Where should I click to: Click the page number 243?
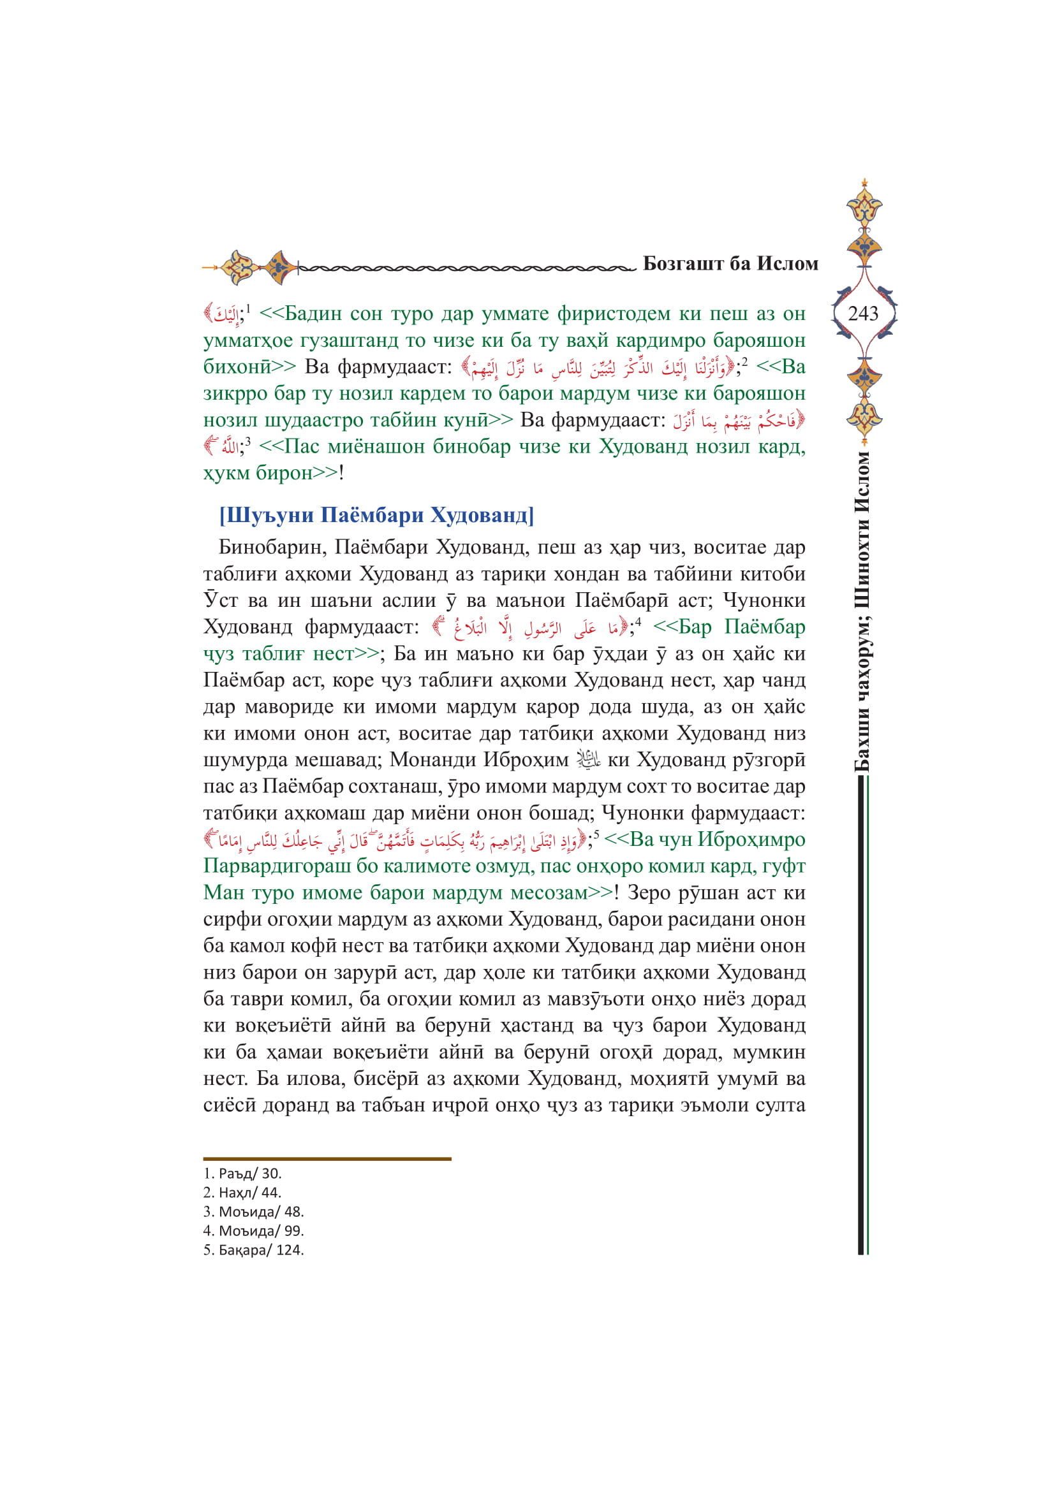[x=863, y=314]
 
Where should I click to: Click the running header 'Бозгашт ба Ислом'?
[x=730, y=264]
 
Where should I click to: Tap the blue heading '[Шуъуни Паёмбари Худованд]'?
[x=377, y=515]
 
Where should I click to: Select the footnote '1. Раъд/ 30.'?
[x=242, y=1174]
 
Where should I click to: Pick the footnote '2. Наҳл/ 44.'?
[x=242, y=1192]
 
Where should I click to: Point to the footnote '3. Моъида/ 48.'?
[x=253, y=1211]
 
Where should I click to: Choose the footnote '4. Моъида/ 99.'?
[x=253, y=1230]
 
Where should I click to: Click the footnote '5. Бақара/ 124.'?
[x=253, y=1249]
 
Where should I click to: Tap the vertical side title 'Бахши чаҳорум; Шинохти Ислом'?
[x=862, y=611]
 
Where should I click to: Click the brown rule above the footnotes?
[x=327, y=1158]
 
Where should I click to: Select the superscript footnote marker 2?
[x=744, y=361]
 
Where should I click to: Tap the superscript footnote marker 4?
[x=638, y=622]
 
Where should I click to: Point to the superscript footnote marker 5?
[x=596, y=834]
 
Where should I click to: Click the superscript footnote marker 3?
[x=247, y=442]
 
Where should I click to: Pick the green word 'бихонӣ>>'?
[x=249, y=367]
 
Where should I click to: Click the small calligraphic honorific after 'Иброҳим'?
[x=589, y=760]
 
